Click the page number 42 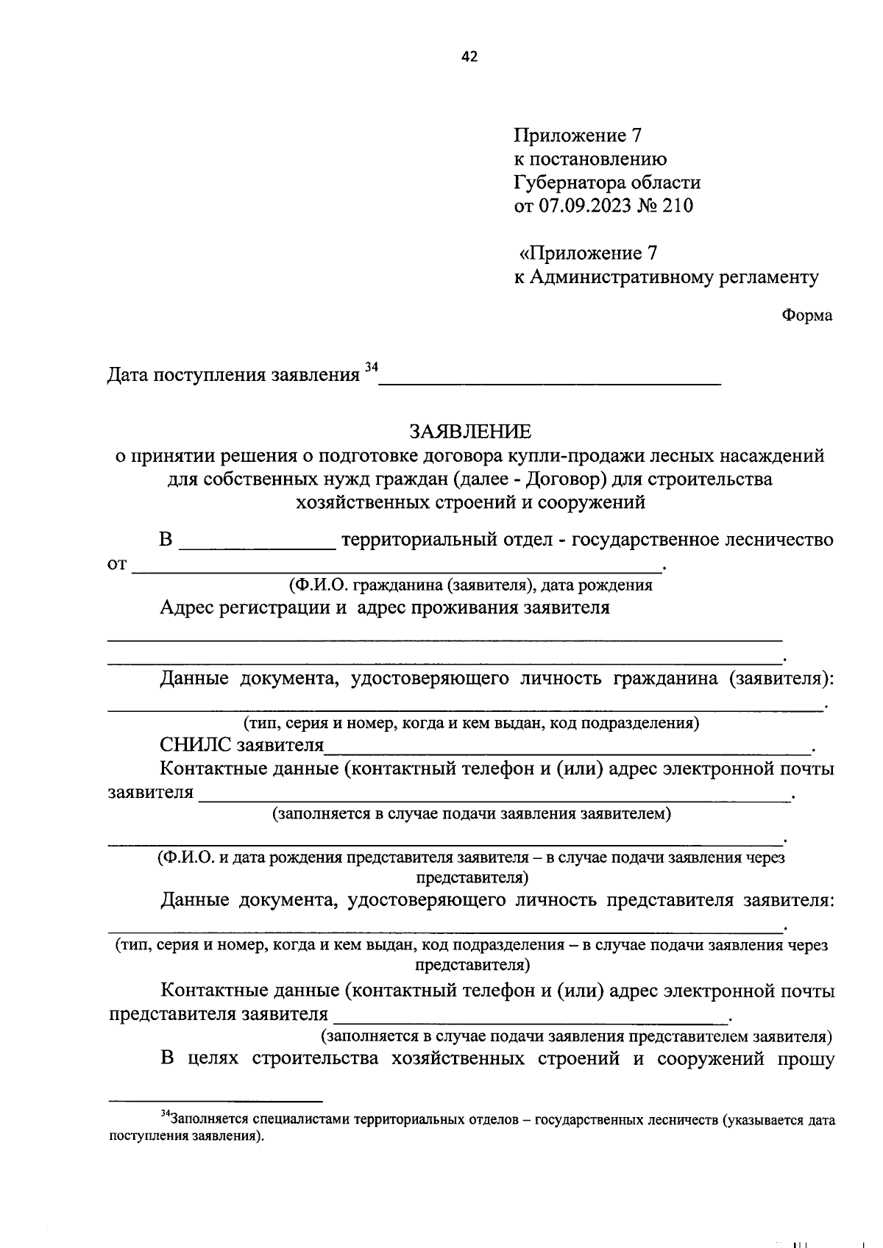pos(469,57)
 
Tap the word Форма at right pos(807,315)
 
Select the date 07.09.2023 pos(586,206)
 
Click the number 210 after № pos(678,206)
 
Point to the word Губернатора pos(570,182)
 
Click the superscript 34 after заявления pos(371,367)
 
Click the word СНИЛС pos(196,746)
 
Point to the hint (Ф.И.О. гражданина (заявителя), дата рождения pos(470,585)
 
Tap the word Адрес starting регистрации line pos(188,608)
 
